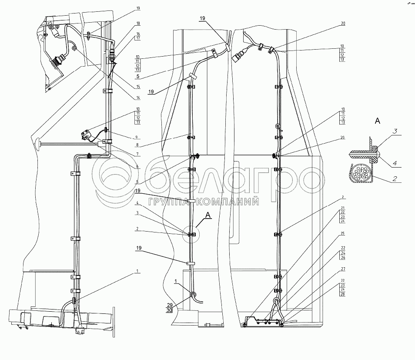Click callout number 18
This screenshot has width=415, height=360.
tap(126, 23)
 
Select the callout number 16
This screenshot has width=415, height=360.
tap(126, 34)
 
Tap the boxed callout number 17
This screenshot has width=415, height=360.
tap(126, 38)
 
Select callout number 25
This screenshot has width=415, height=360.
tap(343, 234)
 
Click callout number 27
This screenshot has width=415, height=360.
tap(343, 269)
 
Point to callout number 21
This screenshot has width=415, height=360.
tap(343, 207)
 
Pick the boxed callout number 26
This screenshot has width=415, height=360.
tap(343, 259)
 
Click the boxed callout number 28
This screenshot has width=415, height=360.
tap(343, 295)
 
